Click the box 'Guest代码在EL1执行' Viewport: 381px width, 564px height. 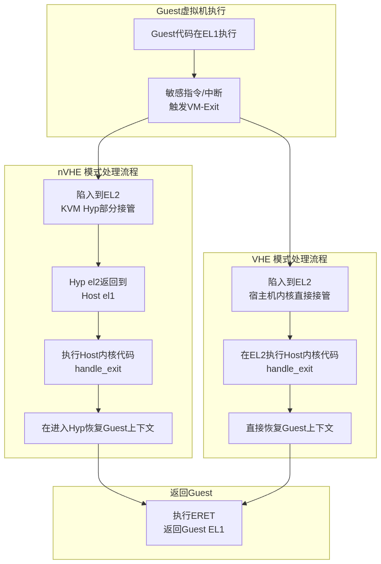pos(194,34)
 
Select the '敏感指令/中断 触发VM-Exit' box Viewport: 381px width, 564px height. pos(194,100)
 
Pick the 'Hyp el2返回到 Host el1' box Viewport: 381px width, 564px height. pos(98,289)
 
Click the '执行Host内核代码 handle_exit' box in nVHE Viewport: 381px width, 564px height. pos(98,362)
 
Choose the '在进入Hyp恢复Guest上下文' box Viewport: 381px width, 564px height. pos(98,428)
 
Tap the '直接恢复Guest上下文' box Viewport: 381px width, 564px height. pos(290,428)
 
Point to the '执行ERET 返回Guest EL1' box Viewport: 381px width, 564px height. pos(194,522)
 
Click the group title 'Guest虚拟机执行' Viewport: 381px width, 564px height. pos(191,11)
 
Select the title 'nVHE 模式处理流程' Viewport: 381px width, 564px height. pos(98,172)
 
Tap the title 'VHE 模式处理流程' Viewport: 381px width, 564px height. pos(289,259)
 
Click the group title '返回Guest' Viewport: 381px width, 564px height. pos(191,493)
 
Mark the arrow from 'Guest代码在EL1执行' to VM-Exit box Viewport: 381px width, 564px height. pos(194,64)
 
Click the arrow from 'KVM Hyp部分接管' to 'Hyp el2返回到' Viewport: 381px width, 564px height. pos(98,245)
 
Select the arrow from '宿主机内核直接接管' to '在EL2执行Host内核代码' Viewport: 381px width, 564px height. pos(290,325)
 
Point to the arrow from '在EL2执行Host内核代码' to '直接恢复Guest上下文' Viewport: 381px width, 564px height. pos(290,398)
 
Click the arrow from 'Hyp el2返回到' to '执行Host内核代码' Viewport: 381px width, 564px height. pos(98,325)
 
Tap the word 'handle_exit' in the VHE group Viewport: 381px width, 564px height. pos(290,369)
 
